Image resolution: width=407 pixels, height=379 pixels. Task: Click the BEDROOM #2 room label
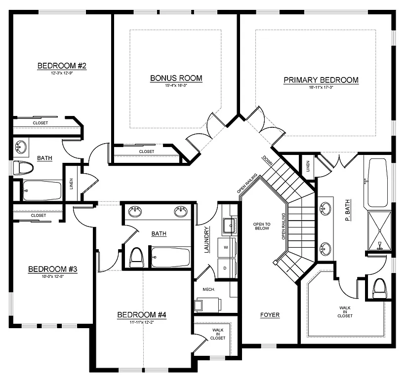pyautogui.click(x=62, y=66)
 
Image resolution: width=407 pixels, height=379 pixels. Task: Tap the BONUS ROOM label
pyautogui.click(x=176, y=78)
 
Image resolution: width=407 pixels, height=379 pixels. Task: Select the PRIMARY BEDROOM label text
pyautogui.click(x=321, y=80)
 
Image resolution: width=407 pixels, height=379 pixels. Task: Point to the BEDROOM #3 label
pyautogui.click(x=52, y=269)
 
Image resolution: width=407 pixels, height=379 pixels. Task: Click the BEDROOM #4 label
pyautogui.click(x=142, y=315)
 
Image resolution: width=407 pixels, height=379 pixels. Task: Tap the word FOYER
pyautogui.click(x=270, y=315)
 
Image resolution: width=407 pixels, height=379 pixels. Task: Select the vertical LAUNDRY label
pyautogui.click(x=207, y=239)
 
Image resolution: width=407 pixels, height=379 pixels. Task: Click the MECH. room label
pyautogui.click(x=208, y=290)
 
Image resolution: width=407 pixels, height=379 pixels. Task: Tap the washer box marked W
pyautogui.click(x=226, y=246)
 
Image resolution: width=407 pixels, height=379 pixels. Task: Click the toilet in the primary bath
pyautogui.click(x=379, y=288)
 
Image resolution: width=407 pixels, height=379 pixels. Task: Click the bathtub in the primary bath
pyautogui.click(x=378, y=183)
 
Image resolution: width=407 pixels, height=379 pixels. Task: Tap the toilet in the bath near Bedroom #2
pyautogui.click(x=23, y=168)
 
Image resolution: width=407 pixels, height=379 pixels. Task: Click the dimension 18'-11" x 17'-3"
pyautogui.click(x=321, y=87)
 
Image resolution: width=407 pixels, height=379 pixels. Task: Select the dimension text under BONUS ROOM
pyautogui.click(x=176, y=85)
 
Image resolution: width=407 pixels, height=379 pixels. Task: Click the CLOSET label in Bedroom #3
pyautogui.click(x=38, y=215)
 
